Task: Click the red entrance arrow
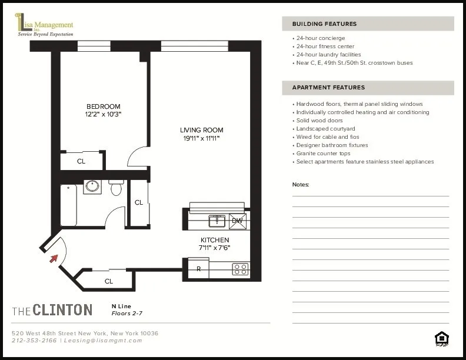coord(55,257)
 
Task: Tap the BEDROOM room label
coord(103,106)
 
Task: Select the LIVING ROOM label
coord(202,130)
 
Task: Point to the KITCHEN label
coord(214,240)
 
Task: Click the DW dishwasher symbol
coord(238,221)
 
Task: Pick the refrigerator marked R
coord(199,269)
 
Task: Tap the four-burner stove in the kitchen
coord(240,269)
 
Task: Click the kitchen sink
coord(218,221)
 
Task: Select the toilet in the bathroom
coord(116,187)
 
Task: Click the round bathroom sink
coord(92,187)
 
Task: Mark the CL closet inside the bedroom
coord(81,161)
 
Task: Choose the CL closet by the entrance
coord(109,281)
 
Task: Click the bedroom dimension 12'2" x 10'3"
coord(103,114)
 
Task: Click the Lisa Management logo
coord(45,26)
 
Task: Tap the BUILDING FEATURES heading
coord(325,24)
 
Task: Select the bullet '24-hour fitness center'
coord(325,46)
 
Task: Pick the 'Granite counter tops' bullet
coord(324,154)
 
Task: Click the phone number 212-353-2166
coord(34,341)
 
